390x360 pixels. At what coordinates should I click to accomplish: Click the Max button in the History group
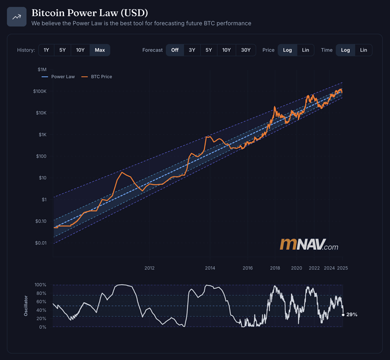click(100, 50)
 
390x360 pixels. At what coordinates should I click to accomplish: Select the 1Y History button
click(46, 50)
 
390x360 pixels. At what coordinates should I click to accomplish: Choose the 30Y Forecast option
click(246, 50)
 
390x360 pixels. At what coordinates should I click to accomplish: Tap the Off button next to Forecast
click(175, 50)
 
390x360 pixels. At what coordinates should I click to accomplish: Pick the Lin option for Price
click(306, 50)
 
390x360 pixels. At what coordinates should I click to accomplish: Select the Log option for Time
click(345, 50)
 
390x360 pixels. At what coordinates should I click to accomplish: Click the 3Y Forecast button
click(192, 50)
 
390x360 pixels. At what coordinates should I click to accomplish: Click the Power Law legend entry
click(61, 76)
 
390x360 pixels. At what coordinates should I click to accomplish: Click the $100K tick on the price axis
click(40, 91)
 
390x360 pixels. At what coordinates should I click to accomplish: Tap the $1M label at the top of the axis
click(42, 70)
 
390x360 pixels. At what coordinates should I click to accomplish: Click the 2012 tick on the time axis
click(149, 268)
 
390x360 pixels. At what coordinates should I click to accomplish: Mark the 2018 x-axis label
click(275, 268)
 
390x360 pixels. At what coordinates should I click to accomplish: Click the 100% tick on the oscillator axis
click(40, 284)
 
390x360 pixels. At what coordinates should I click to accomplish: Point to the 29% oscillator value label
click(352, 314)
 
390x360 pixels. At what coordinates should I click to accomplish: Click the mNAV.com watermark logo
click(309, 245)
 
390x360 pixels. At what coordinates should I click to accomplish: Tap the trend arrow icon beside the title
click(16, 17)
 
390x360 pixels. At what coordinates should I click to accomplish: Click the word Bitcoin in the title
click(48, 12)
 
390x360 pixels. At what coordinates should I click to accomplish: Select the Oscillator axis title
click(26, 305)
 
